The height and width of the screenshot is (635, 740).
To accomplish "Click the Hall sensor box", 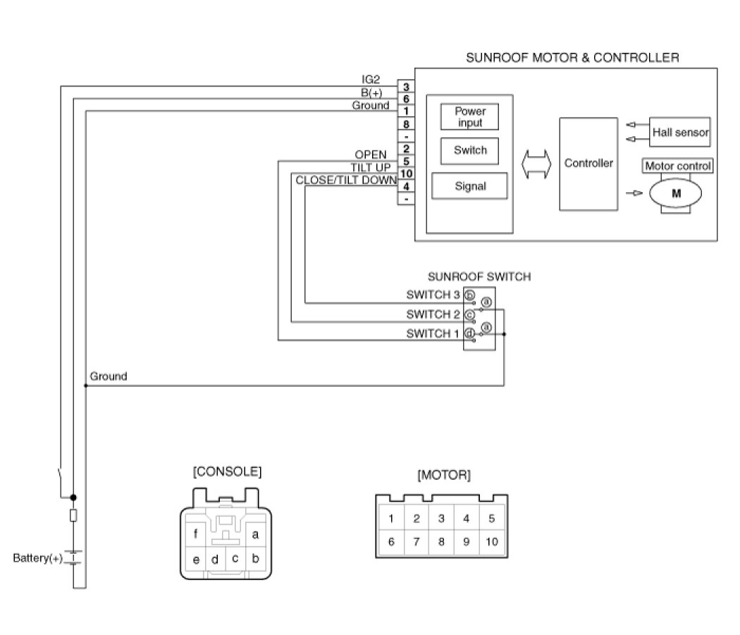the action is (x=679, y=132).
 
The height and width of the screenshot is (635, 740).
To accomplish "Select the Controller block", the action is (x=588, y=164).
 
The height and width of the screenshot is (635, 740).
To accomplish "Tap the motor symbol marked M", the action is (x=675, y=193).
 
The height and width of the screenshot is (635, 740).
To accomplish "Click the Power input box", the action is (x=469, y=116).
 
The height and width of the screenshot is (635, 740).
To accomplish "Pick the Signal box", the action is (x=469, y=186).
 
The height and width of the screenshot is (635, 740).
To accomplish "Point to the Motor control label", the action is (x=677, y=166).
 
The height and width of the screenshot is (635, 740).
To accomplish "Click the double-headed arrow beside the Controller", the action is (x=536, y=164).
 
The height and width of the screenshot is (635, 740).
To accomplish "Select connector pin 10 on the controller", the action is (x=406, y=174).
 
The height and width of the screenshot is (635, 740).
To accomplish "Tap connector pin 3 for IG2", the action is (x=406, y=87).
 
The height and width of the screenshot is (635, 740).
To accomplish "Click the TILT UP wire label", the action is (x=371, y=168).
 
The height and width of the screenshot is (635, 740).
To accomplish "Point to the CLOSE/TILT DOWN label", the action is (x=346, y=180).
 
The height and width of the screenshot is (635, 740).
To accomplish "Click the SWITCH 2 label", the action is (x=433, y=314).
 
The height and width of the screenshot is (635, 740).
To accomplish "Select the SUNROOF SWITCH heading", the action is (x=479, y=277).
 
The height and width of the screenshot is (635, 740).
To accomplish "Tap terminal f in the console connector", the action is (x=195, y=534).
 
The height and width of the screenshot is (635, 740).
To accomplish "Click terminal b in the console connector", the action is (x=255, y=558).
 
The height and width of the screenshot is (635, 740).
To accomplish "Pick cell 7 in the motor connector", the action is (x=417, y=541).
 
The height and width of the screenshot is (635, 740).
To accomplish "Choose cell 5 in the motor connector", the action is (x=492, y=519).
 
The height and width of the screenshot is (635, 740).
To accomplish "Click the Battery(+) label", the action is (x=38, y=558).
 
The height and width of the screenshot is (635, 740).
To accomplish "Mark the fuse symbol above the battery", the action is (x=73, y=515).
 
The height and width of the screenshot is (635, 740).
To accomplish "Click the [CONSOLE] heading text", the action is (x=227, y=471).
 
